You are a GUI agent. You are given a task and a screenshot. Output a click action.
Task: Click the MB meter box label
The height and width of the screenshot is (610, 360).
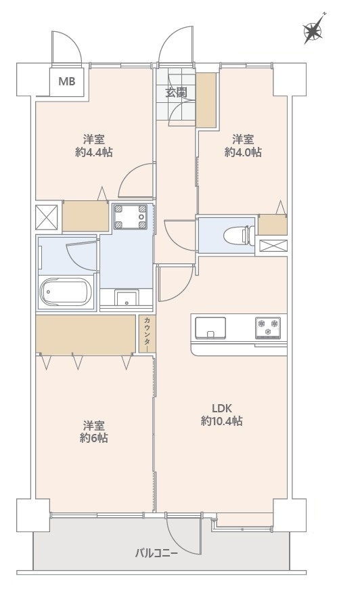click(67, 82)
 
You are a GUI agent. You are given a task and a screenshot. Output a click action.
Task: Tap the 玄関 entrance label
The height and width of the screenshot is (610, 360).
click(176, 93)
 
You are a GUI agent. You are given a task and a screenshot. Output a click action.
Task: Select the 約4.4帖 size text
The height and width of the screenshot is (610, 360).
click(93, 152)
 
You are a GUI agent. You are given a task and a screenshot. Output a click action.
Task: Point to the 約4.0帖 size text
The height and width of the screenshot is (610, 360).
click(243, 152)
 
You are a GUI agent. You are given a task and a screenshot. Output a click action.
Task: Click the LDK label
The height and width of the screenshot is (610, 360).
click(221, 408)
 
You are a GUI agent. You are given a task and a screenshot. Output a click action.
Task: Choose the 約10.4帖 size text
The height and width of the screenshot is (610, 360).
click(221, 420)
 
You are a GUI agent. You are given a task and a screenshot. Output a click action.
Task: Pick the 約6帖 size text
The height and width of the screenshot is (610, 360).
click(93, 438)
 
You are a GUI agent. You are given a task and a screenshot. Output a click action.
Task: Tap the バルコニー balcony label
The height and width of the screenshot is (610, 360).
click(156, 553)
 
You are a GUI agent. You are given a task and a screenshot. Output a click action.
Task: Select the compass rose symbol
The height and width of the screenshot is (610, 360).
click(314, 30)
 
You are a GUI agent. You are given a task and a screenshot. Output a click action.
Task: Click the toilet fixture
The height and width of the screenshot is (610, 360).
click(237, 235)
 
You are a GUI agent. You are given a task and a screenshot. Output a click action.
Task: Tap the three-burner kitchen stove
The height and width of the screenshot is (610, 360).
click(268, 328)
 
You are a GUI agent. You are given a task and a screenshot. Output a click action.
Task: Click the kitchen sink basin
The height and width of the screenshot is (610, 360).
click(210, 328)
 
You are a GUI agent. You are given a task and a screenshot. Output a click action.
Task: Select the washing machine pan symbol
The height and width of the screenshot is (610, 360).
click(131, 217)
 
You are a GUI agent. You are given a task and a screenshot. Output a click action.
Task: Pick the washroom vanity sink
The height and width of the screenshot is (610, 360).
click(126, 299)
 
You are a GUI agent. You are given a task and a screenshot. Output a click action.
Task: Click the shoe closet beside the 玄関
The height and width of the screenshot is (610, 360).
click(206, 100)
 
